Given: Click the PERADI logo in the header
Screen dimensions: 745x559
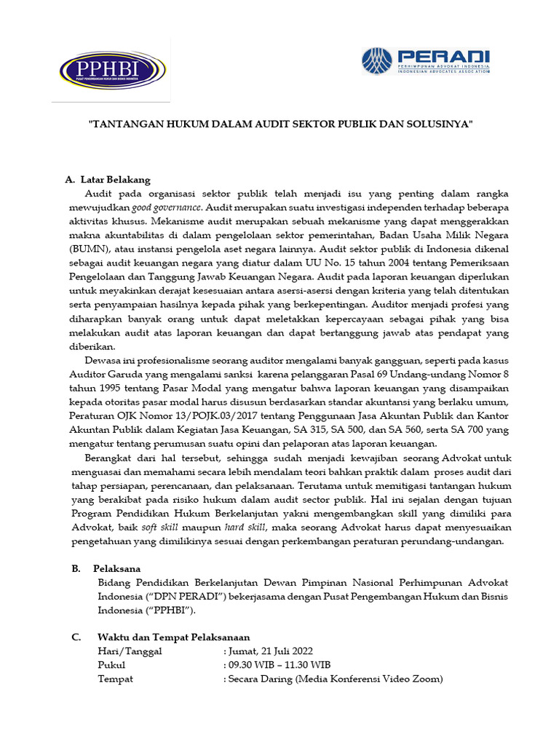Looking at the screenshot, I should [426, 61].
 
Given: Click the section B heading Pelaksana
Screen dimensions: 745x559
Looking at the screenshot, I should [116, 568].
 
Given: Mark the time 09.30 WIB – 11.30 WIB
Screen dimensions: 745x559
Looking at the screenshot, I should [279, 665].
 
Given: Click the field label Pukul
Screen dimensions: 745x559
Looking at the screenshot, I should [111, 665].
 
